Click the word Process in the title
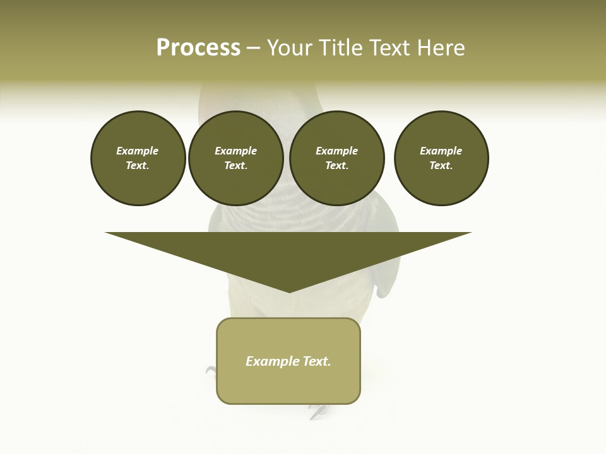[x=198, y=48]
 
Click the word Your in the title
[x=288, y=48]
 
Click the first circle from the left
[x=138, y=158]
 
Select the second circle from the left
[x=236, y=158]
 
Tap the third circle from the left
[x=337, y=158]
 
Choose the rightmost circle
[x=441, y=158]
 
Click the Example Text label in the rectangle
[x=288, y=361]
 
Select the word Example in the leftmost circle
[x=138, y=151]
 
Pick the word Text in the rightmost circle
[x=441, y=165]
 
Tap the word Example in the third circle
[x=337, y=151]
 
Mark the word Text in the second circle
[x=235, y=165]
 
